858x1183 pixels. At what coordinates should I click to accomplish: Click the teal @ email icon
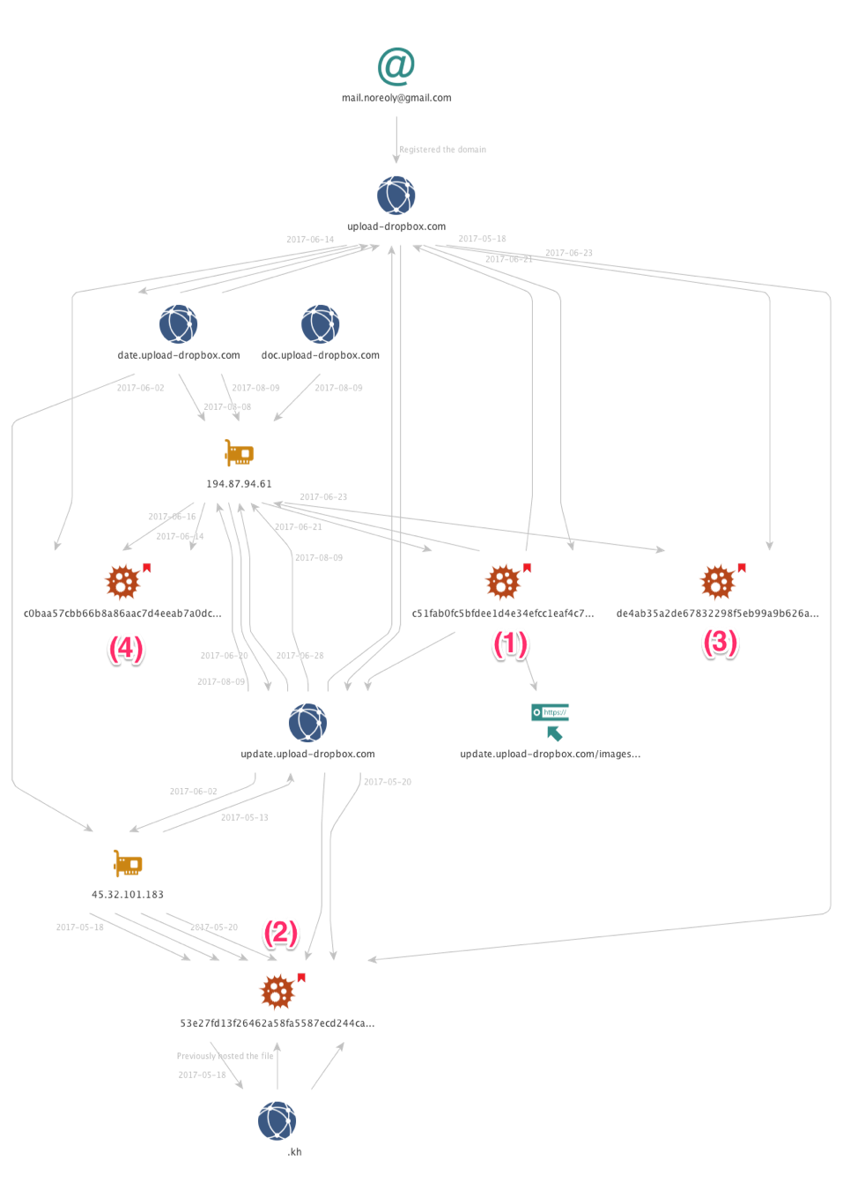pos(396,66)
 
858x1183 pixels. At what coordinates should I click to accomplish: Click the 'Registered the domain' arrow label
pos(443,149)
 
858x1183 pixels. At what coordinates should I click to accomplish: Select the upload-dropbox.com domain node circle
pos(396,195)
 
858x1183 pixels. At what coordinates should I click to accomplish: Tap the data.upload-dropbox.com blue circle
pos(178,324)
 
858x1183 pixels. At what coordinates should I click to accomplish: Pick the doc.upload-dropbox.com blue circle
pos(321,324)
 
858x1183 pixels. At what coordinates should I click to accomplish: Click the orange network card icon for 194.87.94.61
pos(239,453)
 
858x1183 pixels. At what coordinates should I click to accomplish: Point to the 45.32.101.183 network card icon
pos(129,863)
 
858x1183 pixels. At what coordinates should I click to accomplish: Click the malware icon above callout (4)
pos(122,582)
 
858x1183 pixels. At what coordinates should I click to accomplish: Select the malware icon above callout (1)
pos(503,582)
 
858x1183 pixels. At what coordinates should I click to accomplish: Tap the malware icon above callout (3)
pos(717,582)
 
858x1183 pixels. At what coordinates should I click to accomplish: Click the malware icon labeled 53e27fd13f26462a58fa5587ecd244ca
pos(277,993)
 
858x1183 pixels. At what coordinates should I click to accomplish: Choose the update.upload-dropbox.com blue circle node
pos(307,723)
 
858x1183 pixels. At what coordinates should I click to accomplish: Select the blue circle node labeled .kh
pos(277,1120)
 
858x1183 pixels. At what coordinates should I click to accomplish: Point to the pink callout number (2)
pos(281,932)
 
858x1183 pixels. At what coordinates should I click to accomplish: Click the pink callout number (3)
pos(720,643)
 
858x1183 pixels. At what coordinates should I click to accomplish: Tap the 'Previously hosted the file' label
pos(225,1056)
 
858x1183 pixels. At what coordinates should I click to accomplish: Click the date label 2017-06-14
pos(310,240)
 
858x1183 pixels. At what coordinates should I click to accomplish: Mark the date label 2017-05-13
pos(244,817)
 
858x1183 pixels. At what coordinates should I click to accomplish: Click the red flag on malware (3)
pos(742,567)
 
